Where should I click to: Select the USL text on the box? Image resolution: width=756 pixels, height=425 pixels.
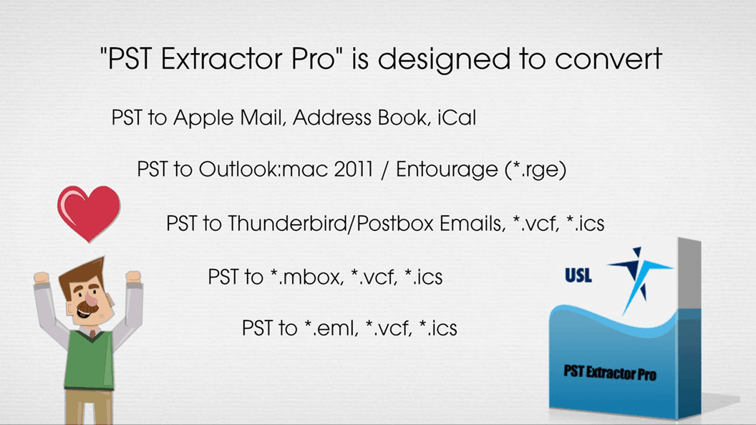coord(578,274)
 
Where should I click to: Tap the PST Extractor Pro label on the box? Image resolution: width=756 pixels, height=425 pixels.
coord(610,373)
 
